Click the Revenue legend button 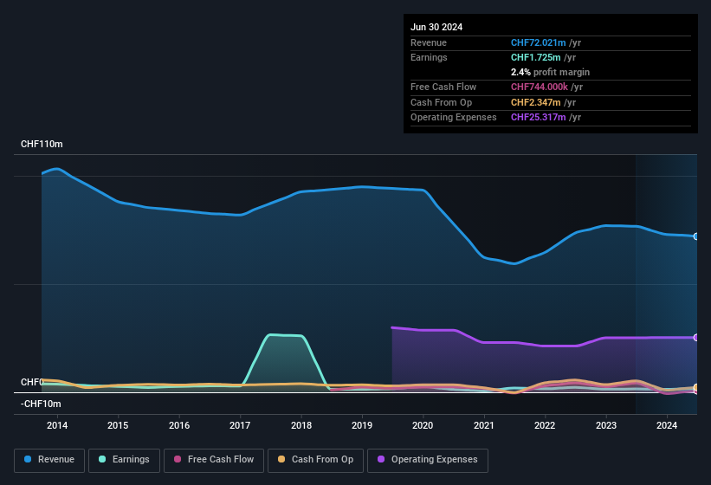(x=50, y=460)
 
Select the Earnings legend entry (x=125, y=460)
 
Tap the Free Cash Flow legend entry (x=216, y=460)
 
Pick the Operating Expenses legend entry (x=428, y=460)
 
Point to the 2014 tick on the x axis (x=57, y=425)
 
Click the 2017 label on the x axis (x=240, y=425)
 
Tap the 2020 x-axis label (x=423, y=425)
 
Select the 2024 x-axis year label (x=667, y=425)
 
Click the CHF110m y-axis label (x=42, y=144)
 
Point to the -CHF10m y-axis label (x=41, y=404)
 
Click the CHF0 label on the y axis (x=32, y=382)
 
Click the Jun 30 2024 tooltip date (x=436, y=27)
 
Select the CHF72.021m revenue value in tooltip (x=538, y=42)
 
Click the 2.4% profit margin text (x=550, y=72)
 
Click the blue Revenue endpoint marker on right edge (x=696, y=236)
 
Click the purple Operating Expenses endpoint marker (x=696, y=338)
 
